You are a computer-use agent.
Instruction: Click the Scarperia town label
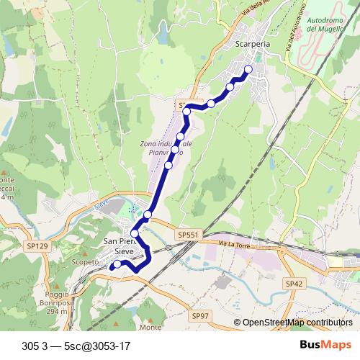click(x=252, y=43)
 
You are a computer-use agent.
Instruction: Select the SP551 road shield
click(x=186, y=235)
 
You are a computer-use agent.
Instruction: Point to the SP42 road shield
click(x=294, y=284)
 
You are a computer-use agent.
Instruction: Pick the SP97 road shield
click(x=200, y=316)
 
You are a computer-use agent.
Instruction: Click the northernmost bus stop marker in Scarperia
click(x=248, y=70)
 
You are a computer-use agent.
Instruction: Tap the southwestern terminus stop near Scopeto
click(x=114, y=266)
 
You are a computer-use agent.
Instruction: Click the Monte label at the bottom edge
click(x=151, y=328)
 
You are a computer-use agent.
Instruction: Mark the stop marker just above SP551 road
click(x=148, y=215)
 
